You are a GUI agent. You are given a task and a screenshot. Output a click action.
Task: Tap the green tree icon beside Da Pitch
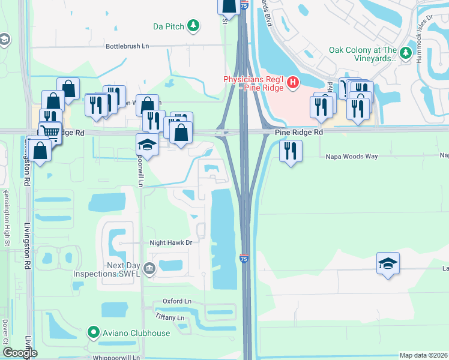click(193, 25)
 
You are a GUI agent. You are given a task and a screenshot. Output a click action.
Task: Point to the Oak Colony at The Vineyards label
click(363, 55)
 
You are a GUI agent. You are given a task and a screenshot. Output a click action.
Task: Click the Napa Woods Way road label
click(352, 156)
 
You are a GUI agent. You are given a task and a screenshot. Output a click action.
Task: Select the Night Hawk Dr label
click(170, 243)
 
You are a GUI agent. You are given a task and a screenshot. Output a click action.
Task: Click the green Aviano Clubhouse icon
click(93, 332)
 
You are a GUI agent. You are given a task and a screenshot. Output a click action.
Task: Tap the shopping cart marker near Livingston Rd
click(52, 131)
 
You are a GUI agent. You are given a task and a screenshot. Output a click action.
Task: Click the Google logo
click(20, 352)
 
